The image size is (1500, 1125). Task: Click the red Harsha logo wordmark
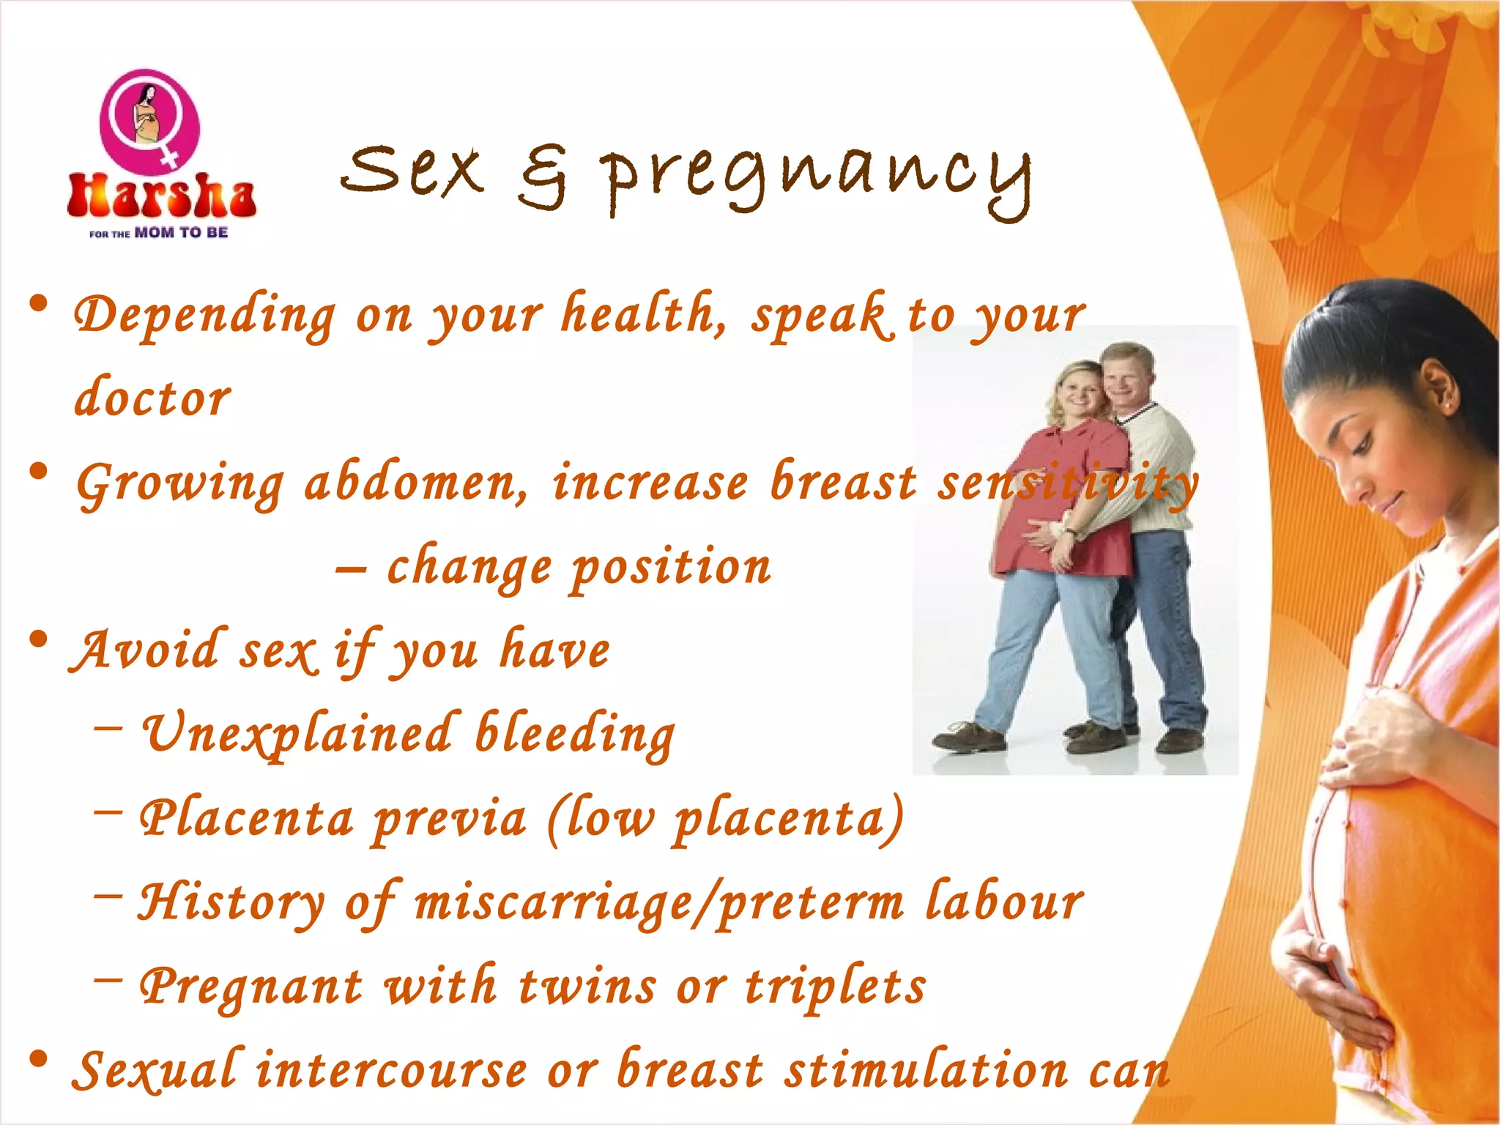click(x=161, y=196)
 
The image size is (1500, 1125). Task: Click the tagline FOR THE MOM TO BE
click(x=158, y=233)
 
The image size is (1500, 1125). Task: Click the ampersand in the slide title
click(x=543, y=176)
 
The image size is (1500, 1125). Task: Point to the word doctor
click(x=152, y=398)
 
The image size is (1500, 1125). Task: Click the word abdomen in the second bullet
click(x=415, y=483)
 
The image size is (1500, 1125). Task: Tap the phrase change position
click(x=579, y=567)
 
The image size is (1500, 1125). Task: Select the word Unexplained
click(x=297, y=733)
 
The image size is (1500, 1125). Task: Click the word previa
click(x=449, y=819)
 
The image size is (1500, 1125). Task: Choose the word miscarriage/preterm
click(x=659, y=902)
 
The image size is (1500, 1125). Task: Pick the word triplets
click(x=835, y=986)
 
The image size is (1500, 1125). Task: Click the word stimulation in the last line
click(x=926, y=1070)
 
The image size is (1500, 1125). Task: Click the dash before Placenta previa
click(x=108, y=812)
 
